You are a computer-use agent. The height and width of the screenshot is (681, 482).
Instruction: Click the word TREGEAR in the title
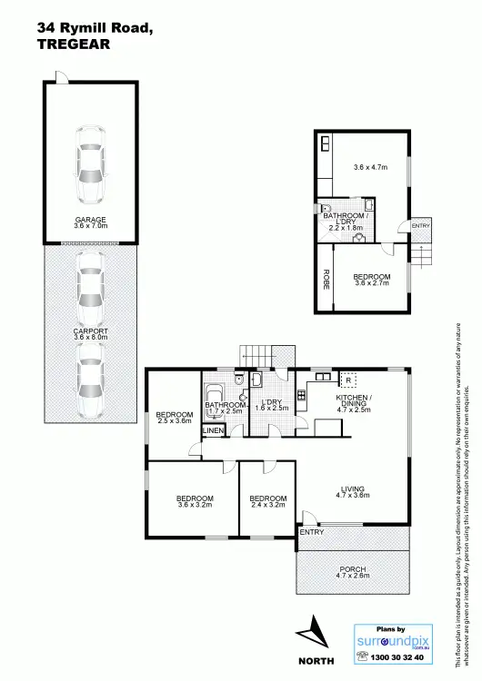coord(73,43)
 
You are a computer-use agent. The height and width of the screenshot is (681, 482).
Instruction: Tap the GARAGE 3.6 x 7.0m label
coord(91,222)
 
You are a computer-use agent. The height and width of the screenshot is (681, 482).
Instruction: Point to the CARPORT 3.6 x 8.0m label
coord(91,333)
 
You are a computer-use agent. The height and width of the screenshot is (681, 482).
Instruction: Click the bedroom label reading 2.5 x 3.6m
coord(175,417)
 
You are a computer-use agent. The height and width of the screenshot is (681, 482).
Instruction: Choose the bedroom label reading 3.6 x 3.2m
coord(195,502)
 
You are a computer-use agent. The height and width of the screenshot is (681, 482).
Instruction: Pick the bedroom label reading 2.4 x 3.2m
coord(268,502)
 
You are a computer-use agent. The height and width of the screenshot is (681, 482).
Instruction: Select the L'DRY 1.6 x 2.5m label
coord(274,405)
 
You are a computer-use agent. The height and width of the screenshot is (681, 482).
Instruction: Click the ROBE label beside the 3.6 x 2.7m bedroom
coord(325,280)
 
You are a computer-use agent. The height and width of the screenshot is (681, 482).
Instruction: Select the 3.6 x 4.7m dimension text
coord(370,167)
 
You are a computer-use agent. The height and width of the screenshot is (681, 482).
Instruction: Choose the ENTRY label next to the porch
coord(311,532)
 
